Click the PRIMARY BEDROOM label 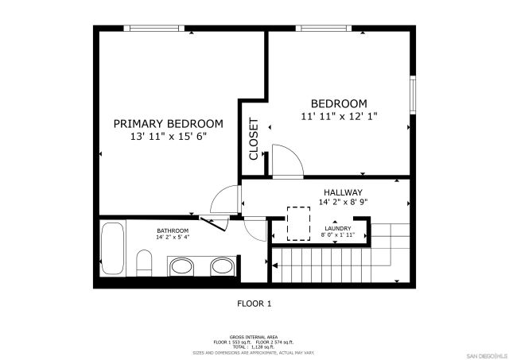click(168, 124)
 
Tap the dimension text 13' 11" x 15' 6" click(168, 137)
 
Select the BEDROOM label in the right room click(339, 104)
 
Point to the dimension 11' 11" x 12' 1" click(339, 116)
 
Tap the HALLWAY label click(343, 192)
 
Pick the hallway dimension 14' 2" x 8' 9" click(343, 202)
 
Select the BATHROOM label click(173, 230)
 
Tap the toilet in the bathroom click(145, 263)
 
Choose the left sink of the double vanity click(182, 266)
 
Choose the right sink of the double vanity click(222, 266)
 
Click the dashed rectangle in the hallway click(298, 223)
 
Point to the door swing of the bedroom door click(286, 159)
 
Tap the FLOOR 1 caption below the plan click(254, 303)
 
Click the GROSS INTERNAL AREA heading click(254, 337)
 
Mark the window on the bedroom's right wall click(412, 94)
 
